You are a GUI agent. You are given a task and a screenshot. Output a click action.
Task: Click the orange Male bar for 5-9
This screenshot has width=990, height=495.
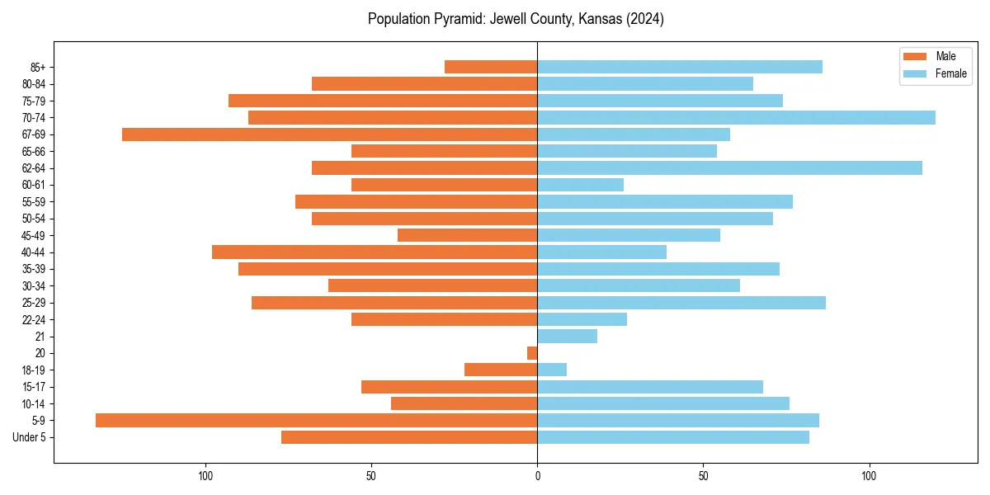316,420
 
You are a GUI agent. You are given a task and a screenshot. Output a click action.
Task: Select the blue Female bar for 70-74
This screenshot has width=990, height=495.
736,117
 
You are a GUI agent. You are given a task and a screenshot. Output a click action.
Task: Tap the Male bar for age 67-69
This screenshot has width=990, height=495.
329,134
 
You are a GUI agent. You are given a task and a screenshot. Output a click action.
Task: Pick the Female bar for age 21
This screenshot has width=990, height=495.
567,336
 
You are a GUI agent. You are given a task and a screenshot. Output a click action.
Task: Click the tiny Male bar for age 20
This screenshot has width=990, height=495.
532,353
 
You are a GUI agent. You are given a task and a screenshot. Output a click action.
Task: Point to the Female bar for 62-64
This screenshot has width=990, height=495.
729,167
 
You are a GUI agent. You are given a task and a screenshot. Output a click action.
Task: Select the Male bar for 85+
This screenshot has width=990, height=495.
490,67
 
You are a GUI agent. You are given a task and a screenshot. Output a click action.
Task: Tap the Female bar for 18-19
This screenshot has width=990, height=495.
552,370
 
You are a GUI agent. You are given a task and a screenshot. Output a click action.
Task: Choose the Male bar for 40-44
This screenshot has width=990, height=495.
375,252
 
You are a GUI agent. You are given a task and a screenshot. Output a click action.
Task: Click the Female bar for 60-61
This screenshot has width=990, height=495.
580,185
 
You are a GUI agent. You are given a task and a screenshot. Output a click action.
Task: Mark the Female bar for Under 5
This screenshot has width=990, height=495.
673,437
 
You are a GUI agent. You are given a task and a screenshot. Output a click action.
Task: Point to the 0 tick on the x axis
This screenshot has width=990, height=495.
537,476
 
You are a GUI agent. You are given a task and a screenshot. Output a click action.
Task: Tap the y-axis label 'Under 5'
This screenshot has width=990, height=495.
29,437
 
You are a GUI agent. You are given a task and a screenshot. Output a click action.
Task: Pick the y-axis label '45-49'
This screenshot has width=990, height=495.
33,235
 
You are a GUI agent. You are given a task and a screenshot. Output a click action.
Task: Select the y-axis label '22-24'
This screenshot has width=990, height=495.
33,319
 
